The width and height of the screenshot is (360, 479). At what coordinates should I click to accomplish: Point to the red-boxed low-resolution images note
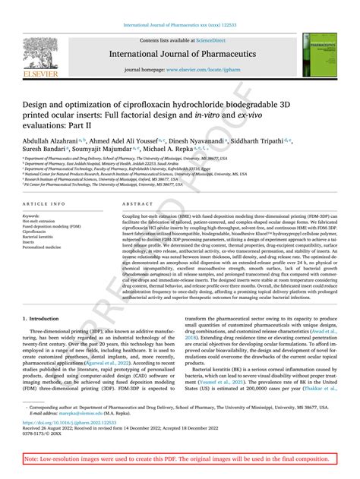pos(179,460)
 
